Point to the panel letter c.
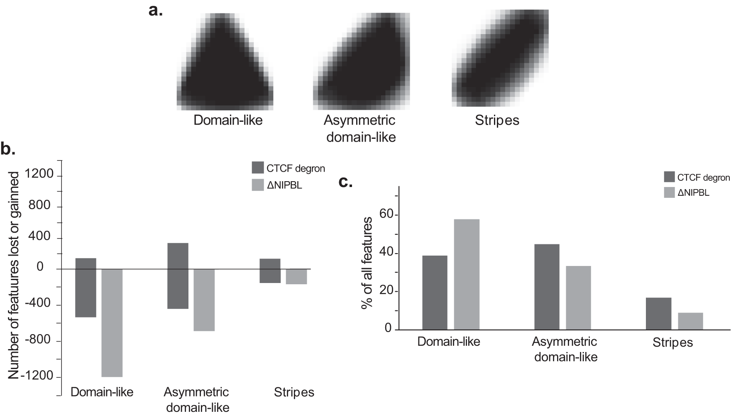(x=345, y=182)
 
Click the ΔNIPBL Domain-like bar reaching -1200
(x=112, y=323)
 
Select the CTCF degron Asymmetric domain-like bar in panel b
(x=178, y=276)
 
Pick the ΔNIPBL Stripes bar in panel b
(x=296, y=277)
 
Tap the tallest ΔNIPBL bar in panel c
(x=467, y=274)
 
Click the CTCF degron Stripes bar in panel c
(x=659, y=314)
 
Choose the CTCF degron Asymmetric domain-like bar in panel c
(x=547, y=287)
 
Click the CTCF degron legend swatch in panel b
(x=258, y=167)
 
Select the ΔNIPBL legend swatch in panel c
(x=669, y=192)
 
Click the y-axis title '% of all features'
(x=367, y=263)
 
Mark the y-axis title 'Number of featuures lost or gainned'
(x=14, y=276)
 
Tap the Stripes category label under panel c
(x=672, y=342)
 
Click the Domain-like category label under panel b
(x=102, y=392)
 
